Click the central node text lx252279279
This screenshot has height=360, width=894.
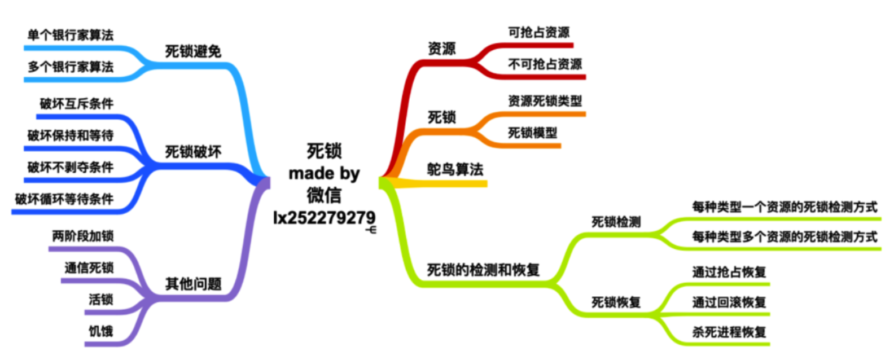(324, 218)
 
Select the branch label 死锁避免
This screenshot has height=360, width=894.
(193, 52)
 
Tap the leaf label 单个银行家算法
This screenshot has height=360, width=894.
(71, 36)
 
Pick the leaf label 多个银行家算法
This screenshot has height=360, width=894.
(71, 67)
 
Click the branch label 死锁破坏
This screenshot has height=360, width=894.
(193, 152)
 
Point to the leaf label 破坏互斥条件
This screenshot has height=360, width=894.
(77, 104)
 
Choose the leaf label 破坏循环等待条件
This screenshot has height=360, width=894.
(64, 199)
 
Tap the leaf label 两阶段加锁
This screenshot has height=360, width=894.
(83, 236)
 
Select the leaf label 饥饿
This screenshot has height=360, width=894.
(101, 331)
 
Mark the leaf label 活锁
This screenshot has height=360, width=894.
(101, 300)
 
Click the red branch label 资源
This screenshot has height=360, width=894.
(441, 49)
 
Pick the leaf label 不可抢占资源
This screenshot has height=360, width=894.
(545, 64)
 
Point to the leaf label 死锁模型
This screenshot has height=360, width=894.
(532, 133)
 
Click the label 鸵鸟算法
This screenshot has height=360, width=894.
(455, 169)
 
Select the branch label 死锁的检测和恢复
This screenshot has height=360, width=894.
(483, 270)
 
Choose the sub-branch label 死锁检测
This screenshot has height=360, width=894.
(616, 222)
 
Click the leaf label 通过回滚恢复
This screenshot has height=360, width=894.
(729, 302)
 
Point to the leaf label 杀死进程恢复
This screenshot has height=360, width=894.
(729, 332)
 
